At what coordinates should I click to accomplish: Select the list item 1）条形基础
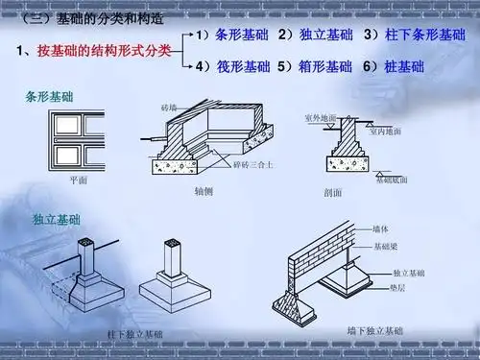[x=231, y=36]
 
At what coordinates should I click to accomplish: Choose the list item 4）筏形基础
[x=231, y=68]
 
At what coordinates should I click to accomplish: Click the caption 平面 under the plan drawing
[x=79, y=180]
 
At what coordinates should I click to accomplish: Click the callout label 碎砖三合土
[x=253, y=166]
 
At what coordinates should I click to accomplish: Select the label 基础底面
[x=391, y=180]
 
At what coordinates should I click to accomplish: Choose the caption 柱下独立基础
[x=133, y=334]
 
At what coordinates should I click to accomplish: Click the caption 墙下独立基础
[x=374, y=330]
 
